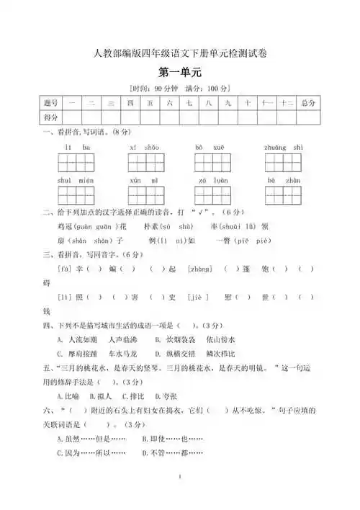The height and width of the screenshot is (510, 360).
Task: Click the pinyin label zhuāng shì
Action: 284,147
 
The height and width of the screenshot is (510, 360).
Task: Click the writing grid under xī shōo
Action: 146,162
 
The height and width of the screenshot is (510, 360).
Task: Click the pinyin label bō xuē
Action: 210,147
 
